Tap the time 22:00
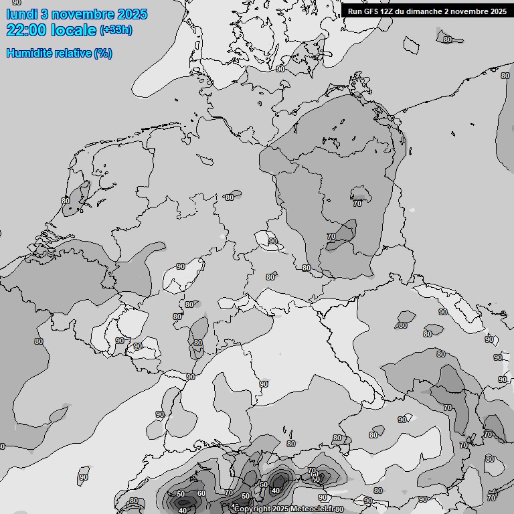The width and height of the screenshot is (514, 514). click(x=26, y=30)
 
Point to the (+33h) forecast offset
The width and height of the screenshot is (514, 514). click(x=116, y=30)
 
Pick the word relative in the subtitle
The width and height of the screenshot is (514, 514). click(x=72, y=53)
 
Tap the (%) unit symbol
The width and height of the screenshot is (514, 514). click(x=103, y=53)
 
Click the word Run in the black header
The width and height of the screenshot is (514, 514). click(x=355, y=11)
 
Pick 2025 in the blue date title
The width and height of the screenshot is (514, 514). click(x=132, y=14)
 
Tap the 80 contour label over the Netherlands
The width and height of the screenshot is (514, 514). click(x=66, y=201)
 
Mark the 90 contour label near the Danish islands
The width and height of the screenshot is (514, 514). click(x=280, y=69)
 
